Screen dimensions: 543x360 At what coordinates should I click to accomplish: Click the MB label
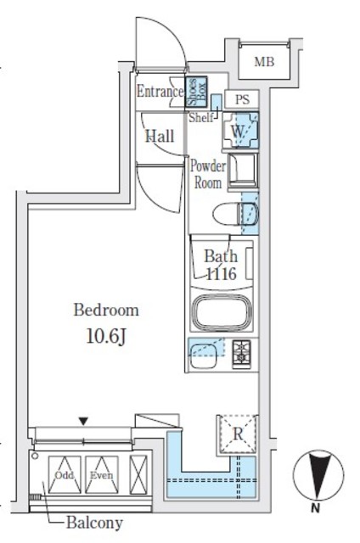[265, 61]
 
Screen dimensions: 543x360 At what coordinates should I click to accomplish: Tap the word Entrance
[160, 92]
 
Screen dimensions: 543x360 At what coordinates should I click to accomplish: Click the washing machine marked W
[239, 132]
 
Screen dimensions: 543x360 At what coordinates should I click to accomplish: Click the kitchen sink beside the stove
[204, 350]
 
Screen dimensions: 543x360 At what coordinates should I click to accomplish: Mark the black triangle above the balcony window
[83, 420]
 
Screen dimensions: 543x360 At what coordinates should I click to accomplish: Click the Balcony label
[95, 523]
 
